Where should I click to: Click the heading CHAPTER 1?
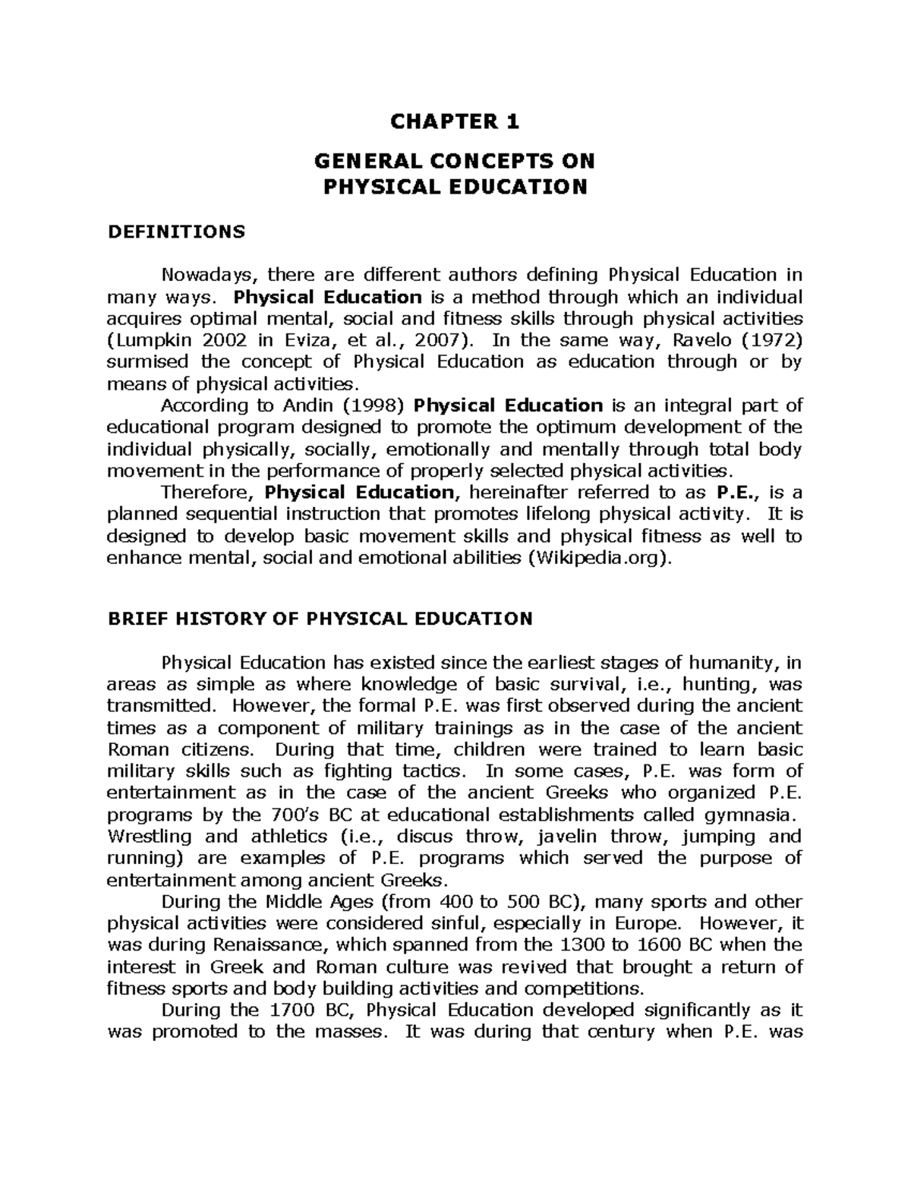tap(455, 121)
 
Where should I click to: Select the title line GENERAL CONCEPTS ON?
tap(455, 161)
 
